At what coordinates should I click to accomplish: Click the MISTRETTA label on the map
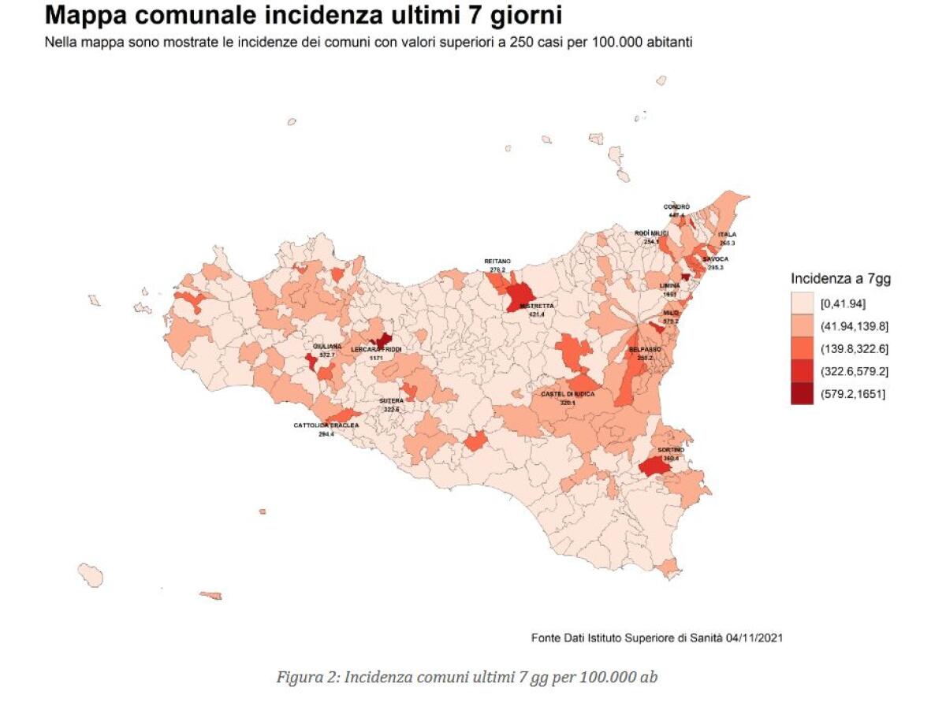tap(531, 306)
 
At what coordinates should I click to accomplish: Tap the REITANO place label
tap(497, 261)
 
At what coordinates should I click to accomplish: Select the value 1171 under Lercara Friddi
tap(376, 358)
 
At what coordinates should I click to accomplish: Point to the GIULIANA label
tap(326, 347)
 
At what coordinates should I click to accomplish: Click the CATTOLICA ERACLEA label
tap(326, 426)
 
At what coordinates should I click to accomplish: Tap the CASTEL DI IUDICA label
tap(568, 393)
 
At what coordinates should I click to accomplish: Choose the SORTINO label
tap(671, 450)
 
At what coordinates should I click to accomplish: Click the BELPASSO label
tap(644, 348)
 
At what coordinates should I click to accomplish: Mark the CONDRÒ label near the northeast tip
tap(676, 206)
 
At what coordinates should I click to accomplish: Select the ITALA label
tap(726, 235)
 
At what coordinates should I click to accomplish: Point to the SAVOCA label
tap(716, 259)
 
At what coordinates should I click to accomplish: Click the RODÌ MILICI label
tap(651, 233)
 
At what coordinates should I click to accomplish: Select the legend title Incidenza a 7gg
tap(840, 278)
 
